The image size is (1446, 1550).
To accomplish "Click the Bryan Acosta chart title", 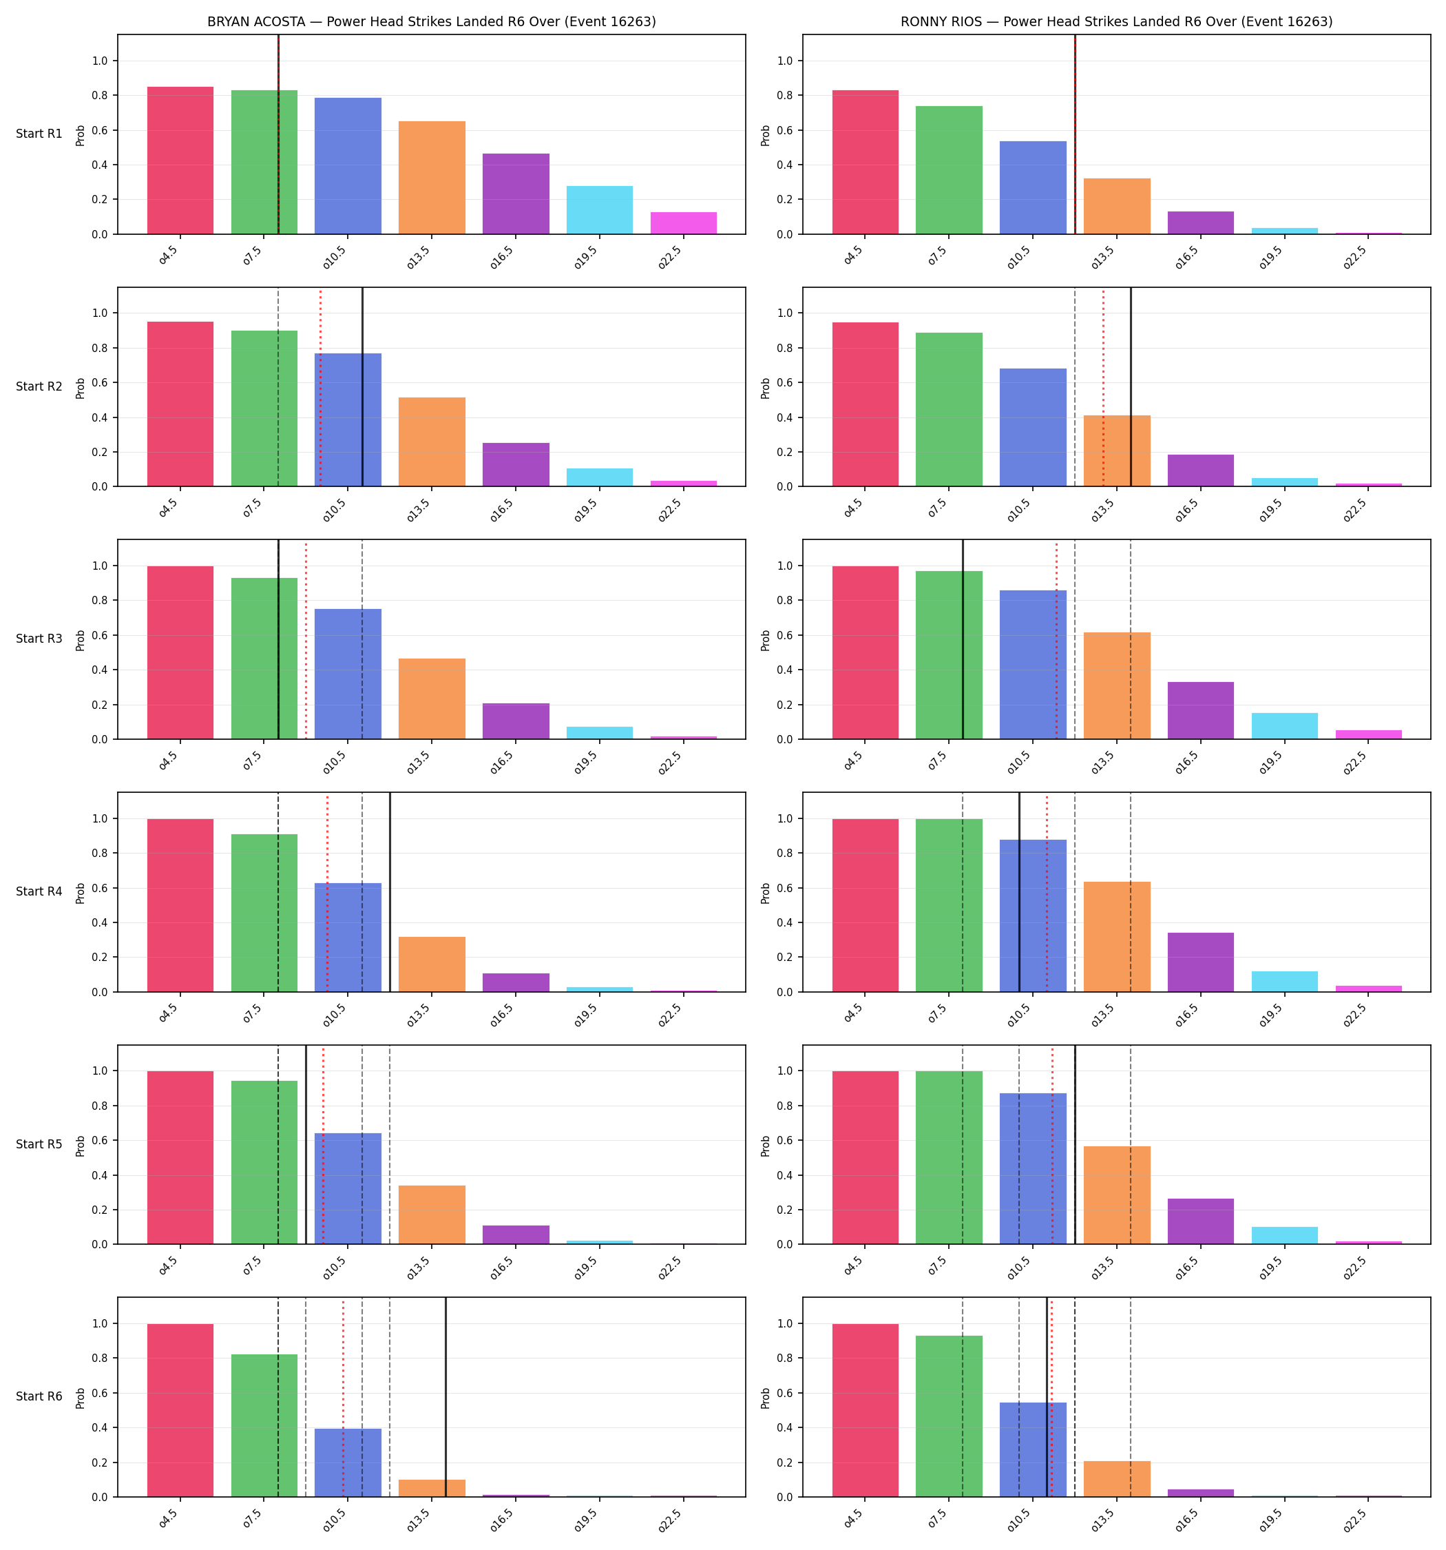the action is coord(431,22).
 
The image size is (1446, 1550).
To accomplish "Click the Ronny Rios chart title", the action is coord(1116,22).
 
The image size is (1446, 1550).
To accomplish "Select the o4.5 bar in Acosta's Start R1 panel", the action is coord(180,161).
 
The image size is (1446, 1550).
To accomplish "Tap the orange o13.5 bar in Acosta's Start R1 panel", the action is coord(432,178).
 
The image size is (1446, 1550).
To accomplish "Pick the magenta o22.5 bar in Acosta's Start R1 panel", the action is coord(684,223).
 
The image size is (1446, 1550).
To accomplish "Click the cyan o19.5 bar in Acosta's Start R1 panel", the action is coord(600,209).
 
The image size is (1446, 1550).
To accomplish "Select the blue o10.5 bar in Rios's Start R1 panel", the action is coord(1033,188).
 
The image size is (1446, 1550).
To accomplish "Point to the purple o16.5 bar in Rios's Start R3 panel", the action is coord(1200,710).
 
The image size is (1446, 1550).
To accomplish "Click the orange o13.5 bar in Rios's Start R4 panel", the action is coord(1117,936).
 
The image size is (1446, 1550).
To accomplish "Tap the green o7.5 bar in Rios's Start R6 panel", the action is coord(949,1416).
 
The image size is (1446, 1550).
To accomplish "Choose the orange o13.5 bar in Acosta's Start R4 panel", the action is coord(432,964).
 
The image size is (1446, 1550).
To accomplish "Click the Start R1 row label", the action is coord(39,134).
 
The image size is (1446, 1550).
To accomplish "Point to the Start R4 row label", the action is coord(39,892).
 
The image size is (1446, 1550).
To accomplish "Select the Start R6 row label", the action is coord(39,1396).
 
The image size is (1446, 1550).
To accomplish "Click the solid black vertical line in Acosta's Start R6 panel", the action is coord(446,1397).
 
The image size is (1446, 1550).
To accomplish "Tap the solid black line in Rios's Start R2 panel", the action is coord(1131,386).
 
